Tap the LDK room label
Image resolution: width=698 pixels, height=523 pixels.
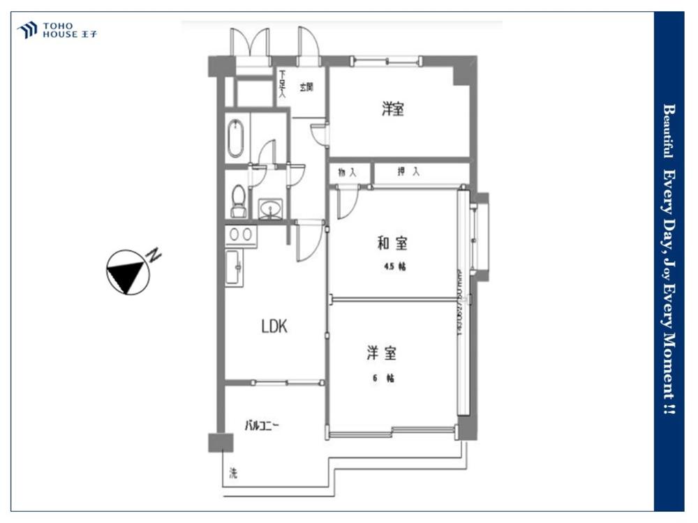(274, 326)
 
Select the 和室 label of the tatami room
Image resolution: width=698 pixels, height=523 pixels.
(392, 243)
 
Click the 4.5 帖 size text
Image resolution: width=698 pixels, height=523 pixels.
(394, 267)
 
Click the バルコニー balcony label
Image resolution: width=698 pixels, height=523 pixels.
(262, 425)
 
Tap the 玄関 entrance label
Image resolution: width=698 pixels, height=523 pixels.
(306, 87)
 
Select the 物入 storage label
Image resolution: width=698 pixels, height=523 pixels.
(347, 172)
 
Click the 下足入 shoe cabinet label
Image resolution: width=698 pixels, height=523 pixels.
(282, 84)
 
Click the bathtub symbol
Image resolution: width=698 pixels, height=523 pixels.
(236, 139)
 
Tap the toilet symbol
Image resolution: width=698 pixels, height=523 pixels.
(238, 199)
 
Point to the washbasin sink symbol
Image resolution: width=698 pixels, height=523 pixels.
(271, 208)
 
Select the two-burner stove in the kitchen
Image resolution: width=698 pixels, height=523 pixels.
(240, 234)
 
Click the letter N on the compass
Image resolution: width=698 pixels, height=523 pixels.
(154, 255)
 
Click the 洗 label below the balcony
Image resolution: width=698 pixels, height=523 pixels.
(233, 475)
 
